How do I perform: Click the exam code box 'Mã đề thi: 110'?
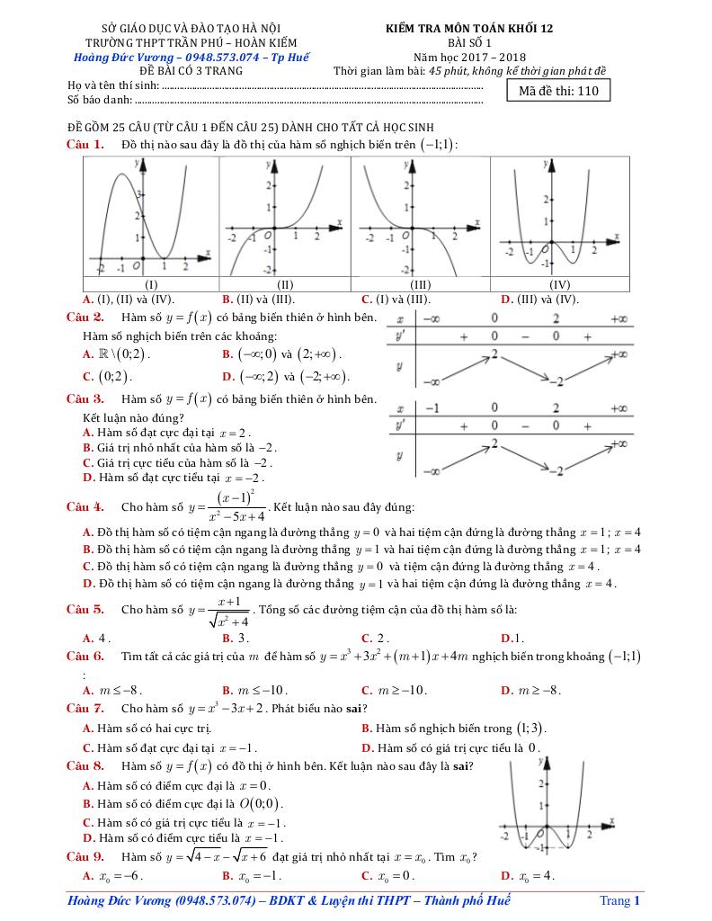pos(558,91)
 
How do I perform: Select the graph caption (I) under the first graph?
pos(152,284)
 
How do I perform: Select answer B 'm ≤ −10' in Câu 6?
pos(254,691)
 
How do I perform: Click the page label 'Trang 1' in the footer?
pos(619,900)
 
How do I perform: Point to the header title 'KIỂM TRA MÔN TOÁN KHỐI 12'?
pos(469,28)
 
